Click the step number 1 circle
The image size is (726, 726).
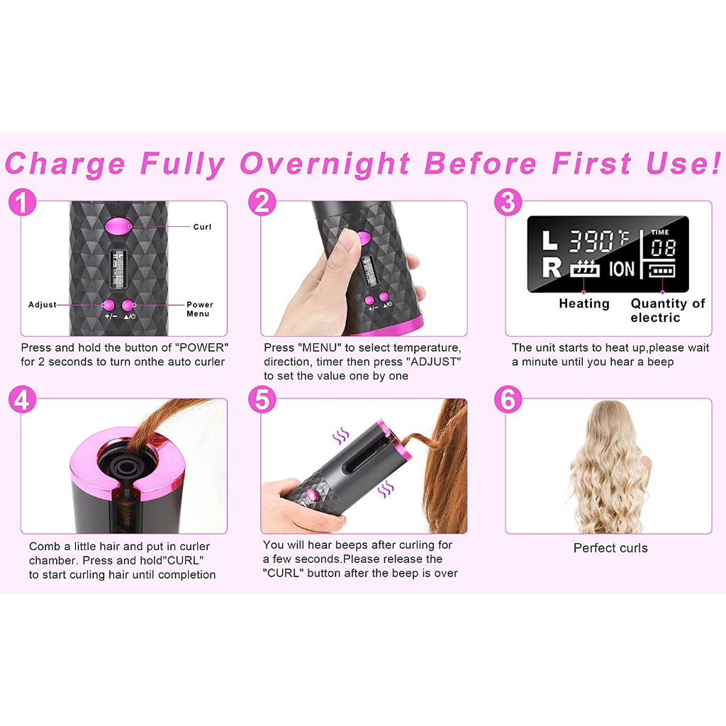point(22,202)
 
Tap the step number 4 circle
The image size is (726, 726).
point(22,400)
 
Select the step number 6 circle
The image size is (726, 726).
point(508,400)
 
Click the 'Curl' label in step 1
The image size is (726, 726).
point(202,227)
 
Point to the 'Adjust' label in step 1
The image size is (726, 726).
point(42,305)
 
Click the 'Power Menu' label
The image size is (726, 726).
point(199,309)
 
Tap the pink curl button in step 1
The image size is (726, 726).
point(118,226)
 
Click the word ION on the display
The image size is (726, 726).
point(621,269)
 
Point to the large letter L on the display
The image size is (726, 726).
point(549,241)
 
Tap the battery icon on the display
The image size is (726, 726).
point(661,270)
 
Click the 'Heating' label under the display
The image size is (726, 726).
point(584,303)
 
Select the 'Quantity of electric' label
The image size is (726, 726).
point(667,311)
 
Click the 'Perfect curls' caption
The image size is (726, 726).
point(610,548)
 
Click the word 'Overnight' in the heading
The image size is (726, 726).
point(325,164)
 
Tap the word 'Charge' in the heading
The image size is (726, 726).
point(65,164)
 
